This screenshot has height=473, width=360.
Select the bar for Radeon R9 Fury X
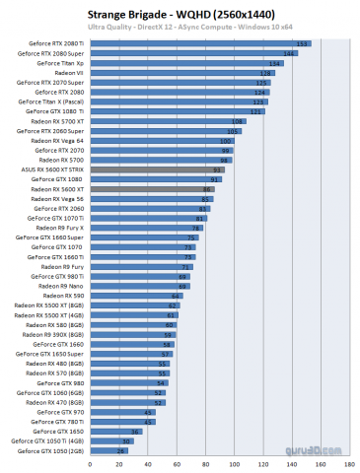click(x=147, y=228)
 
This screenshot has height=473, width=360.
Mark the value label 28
click(x=120, y=449)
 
